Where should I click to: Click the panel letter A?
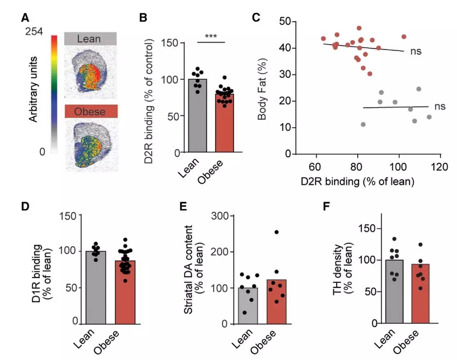25,18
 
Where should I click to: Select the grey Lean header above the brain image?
90,39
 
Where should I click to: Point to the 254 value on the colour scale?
34,32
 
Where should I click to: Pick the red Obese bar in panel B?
225,123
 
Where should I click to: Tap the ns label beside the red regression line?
416,51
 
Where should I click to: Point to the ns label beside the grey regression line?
440,106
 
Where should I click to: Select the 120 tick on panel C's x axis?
440,167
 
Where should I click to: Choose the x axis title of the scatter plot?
357,182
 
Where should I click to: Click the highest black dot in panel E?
276,232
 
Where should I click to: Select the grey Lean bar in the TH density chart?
394,292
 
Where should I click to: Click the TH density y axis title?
343,269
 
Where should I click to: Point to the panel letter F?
326,206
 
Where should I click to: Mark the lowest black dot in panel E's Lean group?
245,313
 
